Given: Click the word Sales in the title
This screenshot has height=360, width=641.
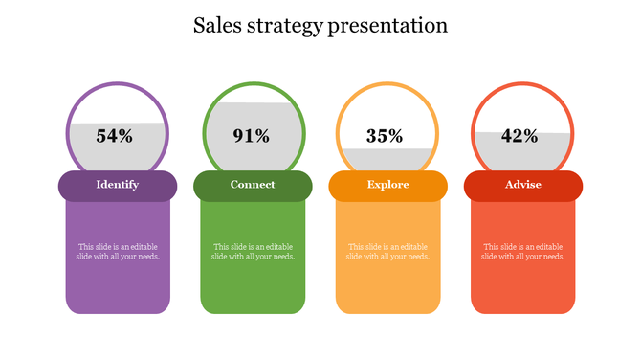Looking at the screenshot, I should click(x=216, y=26).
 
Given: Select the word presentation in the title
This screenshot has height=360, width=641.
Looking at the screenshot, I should click(x=387, y=27).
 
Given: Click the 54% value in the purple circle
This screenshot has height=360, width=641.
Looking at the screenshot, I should click(x=115, y=136).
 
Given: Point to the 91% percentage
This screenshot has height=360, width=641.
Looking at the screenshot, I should click(x=252, y=136).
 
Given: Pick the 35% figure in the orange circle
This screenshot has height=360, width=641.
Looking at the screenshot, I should click(x=385, y=136).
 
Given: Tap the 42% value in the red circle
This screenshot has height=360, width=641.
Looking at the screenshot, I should click(x=519, y=136).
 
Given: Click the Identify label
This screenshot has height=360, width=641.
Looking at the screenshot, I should click(x=118, y=185).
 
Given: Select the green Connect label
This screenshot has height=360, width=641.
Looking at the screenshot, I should click(x=253, y=185).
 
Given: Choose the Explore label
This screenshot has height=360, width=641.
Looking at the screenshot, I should click(x=387, y=185).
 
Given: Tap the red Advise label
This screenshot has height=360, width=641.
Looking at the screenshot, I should click(x=523, y=185).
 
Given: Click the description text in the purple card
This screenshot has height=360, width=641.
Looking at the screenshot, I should click(x=119, y=252).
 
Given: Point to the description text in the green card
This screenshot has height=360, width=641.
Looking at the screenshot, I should click(x=253, y=252).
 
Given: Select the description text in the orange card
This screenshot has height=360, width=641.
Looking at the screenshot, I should click(x=387, y=252).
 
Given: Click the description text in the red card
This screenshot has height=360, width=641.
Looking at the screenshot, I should click(x=522, y=252).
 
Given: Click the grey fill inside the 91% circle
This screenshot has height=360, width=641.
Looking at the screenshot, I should click(x=253, y=115).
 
